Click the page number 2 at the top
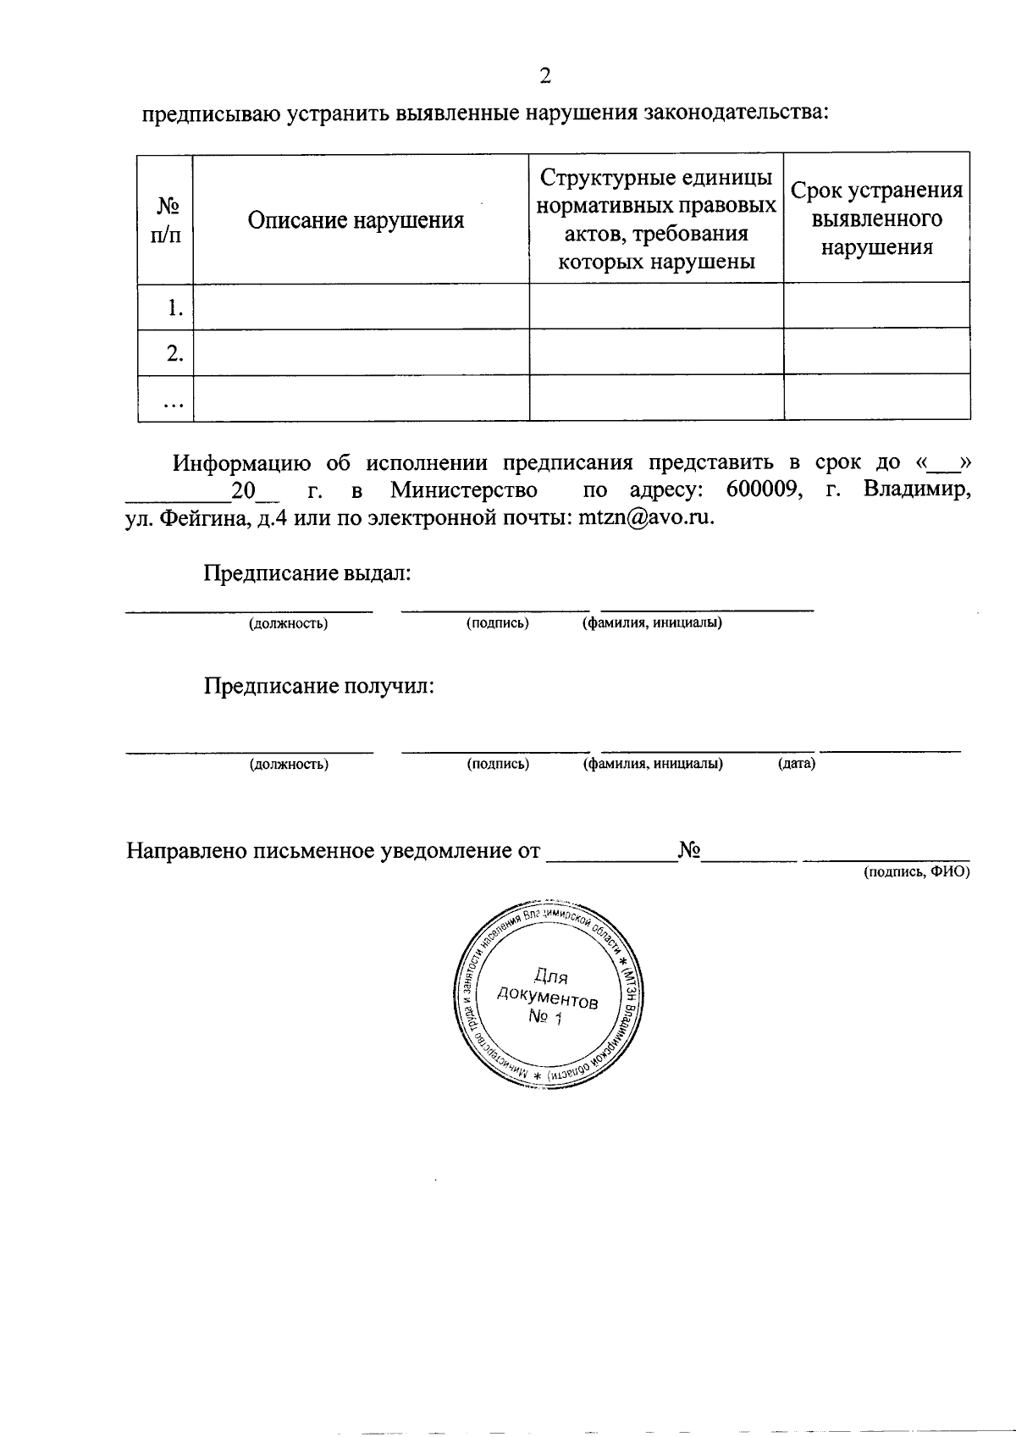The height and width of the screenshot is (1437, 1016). (x=544, y=77)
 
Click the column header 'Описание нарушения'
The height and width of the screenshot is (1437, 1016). (x=356, y=221)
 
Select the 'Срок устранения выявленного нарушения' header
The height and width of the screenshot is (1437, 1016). (x=876, y=218)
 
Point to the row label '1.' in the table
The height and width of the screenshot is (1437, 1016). (x=175, y=308)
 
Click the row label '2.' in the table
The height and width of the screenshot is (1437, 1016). (x=175, y=353)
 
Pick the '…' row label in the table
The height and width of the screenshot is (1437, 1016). (x=174, y=403)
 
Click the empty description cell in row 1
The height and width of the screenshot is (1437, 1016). (x=361, y=307)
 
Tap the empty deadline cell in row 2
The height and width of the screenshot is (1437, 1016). (x=876, y=351)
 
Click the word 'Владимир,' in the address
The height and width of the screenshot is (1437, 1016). (x=917, y=489)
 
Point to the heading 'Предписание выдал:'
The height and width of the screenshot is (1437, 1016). (x=307, y=573)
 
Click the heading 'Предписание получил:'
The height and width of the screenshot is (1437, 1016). (x=319, y=685)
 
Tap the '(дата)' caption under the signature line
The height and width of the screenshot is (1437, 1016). (x=796, y=764)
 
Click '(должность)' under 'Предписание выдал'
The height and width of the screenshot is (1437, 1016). (x=288, y=624)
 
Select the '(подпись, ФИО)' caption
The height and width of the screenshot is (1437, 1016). (x=916, y=871)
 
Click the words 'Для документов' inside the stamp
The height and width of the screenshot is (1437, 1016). (x=549, y=989)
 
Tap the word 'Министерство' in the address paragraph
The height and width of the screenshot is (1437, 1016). (x=464, y=489)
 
